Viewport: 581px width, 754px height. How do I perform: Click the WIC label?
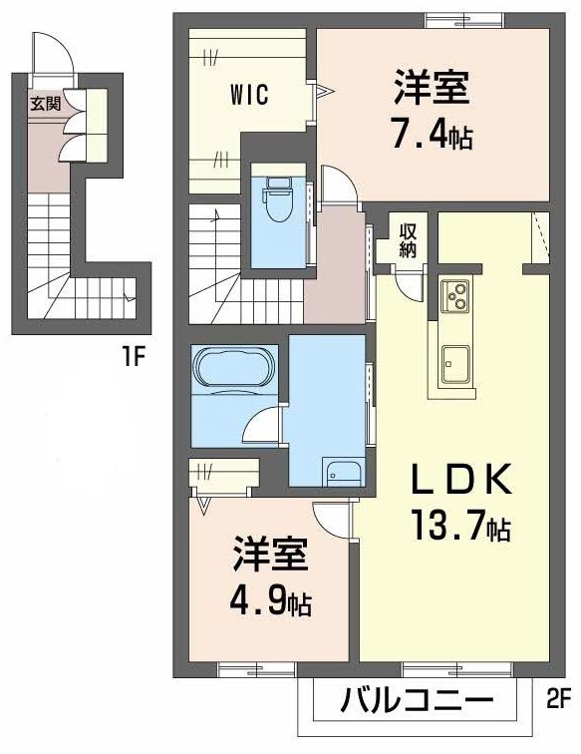point(248,96)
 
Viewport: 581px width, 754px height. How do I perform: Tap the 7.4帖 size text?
point(432,134)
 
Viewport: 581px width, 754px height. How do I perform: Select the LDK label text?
point(462,481)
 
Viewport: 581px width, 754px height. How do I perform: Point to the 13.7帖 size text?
point(460,526)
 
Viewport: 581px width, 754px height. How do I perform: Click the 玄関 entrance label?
point(44,102)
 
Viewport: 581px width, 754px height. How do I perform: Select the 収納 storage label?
point(409,240)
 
